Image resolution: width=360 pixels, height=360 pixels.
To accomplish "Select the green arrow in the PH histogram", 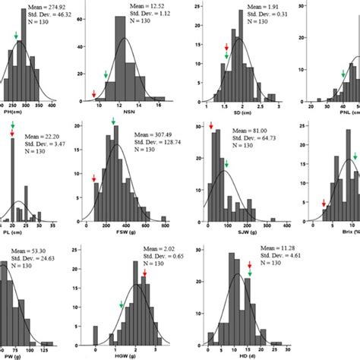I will pos(16,36).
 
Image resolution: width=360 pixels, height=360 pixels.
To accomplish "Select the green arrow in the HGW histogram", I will pos(122,305).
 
